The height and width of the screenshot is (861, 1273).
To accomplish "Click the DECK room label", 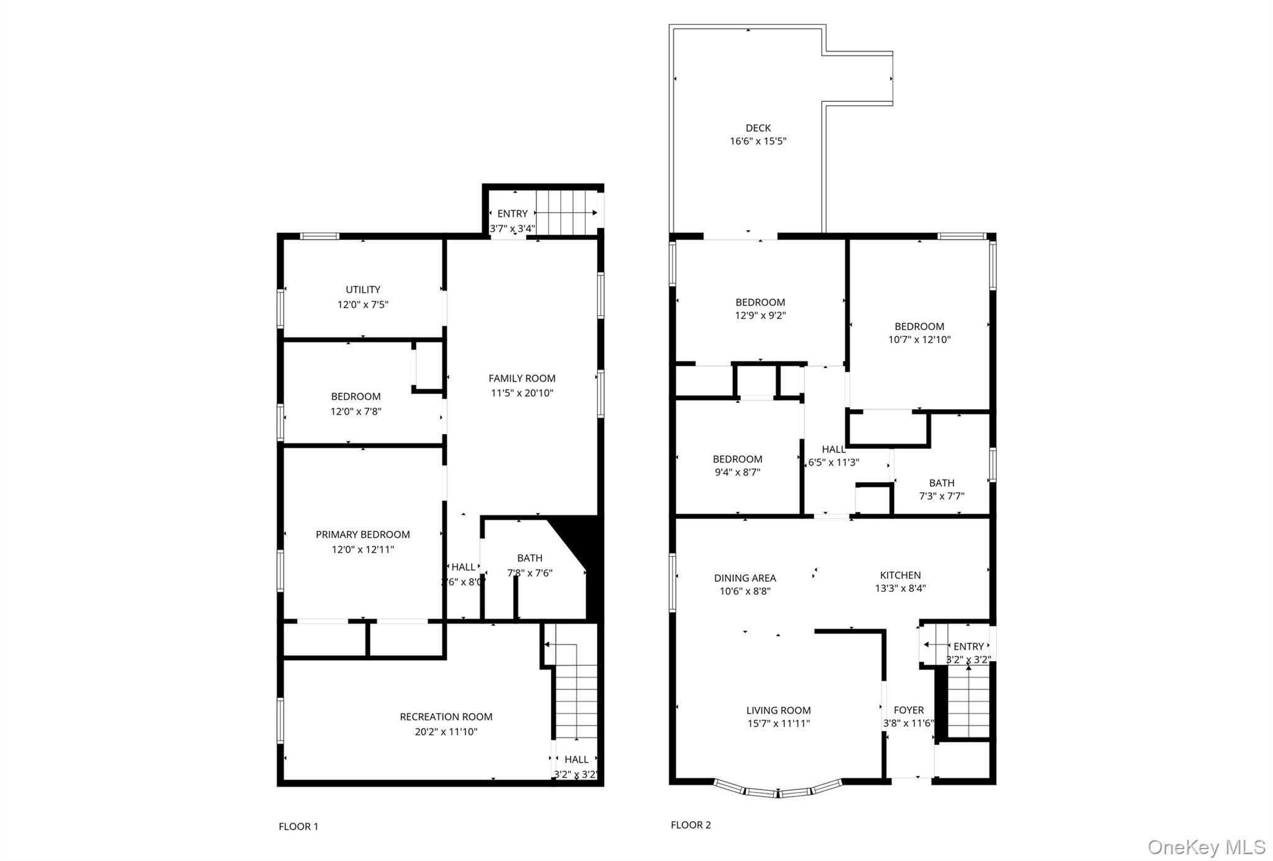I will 758,128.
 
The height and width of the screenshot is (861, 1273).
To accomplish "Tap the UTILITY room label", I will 363,290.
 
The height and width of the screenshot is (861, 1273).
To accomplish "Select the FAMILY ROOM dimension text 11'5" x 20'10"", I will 522,393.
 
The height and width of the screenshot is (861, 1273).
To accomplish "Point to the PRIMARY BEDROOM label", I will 362,535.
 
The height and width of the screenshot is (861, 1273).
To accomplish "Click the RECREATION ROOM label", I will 446,717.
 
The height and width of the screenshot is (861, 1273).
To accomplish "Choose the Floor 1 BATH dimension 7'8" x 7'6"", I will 530,573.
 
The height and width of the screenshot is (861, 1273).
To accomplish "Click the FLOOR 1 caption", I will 298,826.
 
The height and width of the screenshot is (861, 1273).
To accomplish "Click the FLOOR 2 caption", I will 691,825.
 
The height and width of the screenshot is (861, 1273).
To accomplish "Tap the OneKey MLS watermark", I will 1206,847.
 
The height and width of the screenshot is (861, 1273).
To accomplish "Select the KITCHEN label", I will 900,575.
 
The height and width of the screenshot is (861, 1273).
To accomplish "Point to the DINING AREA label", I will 745,578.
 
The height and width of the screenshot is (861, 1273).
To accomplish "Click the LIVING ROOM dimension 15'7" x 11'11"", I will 778,724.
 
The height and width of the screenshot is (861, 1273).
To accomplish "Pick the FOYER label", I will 909,710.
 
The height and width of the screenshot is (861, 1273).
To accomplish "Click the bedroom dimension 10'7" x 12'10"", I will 919,339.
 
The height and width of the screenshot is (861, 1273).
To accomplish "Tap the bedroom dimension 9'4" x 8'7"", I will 737,472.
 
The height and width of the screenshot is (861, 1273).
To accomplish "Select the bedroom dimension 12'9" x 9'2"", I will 760,315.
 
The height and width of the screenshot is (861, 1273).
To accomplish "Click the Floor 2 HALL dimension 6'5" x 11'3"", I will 834,463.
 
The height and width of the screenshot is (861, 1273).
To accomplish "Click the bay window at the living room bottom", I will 777,791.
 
